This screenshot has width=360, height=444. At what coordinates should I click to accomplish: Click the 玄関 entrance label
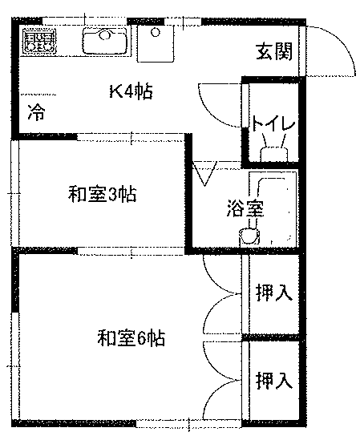[x=274, y=51]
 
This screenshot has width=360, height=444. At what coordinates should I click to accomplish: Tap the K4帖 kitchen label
[x=131, y=91]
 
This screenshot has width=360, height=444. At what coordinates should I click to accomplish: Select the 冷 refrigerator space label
[x=36, y=112]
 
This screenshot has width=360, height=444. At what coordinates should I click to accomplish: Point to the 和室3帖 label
[x=103, y=194]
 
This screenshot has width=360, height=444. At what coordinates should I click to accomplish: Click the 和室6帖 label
[x=131, y=337]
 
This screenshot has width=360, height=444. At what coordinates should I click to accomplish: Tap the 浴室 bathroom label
[x=245, y=208]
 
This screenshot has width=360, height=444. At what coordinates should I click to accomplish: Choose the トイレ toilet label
[x=273, y=123]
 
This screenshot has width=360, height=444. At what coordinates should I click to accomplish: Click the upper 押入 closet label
[x=274, y=293]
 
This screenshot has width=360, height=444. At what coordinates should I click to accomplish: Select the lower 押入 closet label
[x=274, y=381]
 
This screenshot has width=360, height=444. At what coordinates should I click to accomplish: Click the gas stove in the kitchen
[x=39, y=42]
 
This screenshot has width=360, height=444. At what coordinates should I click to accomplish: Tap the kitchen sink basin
[x=105, y=41]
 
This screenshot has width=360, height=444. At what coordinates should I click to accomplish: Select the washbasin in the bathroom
[x=249, y=236]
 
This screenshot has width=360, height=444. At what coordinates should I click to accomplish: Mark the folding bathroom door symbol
[x=204, y=173]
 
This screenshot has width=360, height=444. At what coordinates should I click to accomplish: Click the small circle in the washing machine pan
[x=156, y=32]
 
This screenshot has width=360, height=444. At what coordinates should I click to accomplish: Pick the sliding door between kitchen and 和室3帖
[x=131, y=137]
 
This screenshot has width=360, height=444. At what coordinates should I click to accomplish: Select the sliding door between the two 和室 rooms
[x=131, y=251]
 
